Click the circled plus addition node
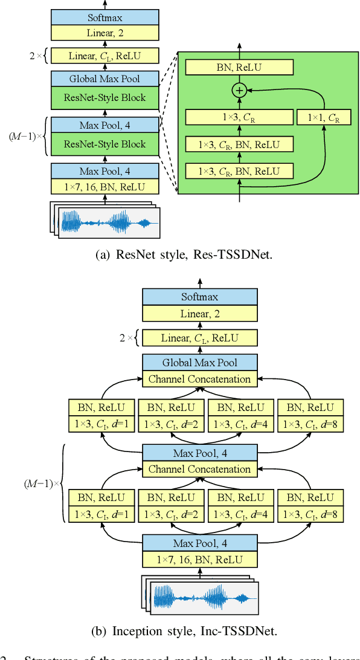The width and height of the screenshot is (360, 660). pos(239,91)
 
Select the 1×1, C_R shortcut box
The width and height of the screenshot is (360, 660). pos(324,117)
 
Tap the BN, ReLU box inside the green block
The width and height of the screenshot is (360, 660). pos(239,67)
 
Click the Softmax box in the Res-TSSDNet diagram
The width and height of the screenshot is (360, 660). pos(104,18)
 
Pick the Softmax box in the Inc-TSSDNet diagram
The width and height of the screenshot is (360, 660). pos(199,297)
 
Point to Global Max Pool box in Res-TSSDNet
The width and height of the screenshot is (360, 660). pos(104,79)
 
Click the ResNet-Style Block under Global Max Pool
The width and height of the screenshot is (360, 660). pos(104,97)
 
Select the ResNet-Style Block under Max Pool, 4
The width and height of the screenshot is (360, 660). pos(104,144)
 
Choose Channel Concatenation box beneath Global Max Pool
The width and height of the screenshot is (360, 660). pos(199,380)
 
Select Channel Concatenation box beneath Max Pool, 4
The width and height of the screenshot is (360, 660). pos(199,469)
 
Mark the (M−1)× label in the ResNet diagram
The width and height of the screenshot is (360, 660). pos(26,135)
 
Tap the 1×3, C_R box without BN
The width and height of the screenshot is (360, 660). pos(239,117)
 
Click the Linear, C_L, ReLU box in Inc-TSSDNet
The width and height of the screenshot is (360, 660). pos(199,337)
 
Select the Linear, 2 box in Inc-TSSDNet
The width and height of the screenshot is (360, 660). pos(199,313)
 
